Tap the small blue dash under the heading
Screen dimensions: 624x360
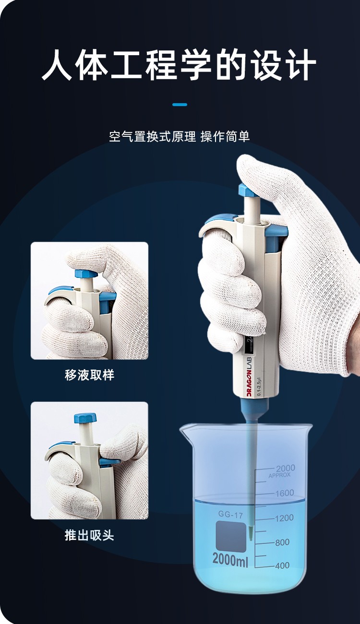[180, 104]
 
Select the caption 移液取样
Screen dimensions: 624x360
[89, 375]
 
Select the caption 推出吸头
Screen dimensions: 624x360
[89, 535]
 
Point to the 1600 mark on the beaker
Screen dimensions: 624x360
[285, 493]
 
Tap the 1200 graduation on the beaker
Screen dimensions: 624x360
[285, 518]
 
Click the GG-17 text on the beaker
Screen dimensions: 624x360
[231, 515]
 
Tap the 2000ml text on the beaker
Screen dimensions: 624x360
[230, 559]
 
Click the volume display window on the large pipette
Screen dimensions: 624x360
[250, 344]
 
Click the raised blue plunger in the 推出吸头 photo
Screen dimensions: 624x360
[85, 418]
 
